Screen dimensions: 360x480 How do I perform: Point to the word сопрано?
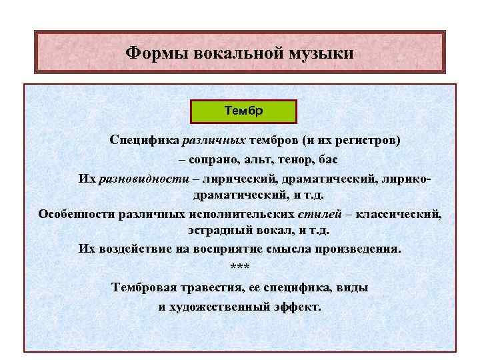click(211, 160)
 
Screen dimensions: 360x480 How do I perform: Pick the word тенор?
click(294, 160)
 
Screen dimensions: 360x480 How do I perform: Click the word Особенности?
click(77, 214)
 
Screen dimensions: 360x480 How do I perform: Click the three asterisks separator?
click(239, 267)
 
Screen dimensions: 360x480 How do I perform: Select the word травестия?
click(216, 288)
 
